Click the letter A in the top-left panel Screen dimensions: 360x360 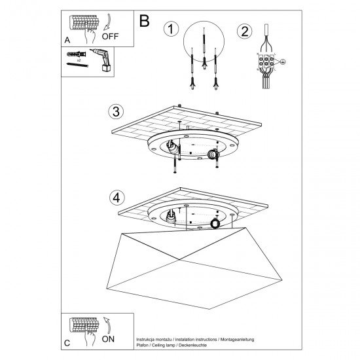point(67,41)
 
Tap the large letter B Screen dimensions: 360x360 point(145,20)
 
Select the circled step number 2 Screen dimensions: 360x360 point(245,30)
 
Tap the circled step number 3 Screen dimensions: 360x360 point(116,111)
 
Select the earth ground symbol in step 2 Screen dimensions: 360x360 point(283,62)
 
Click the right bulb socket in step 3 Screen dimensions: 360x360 point(213,154)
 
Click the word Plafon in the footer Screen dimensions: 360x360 point(143,346)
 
